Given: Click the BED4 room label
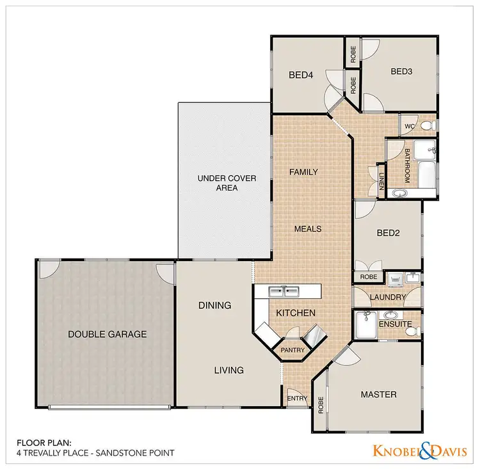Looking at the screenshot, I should pyautogui.click(x=301, y=75).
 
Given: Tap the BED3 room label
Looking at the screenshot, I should pyautogui.click(x=403, y=72).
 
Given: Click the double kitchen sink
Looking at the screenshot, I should pyautogui.click(x=284, y=292).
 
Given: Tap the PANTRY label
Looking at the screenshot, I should pyautogui.click(x=292, y=351).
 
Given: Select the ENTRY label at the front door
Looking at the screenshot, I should pyautogui.click(x=298, y=399).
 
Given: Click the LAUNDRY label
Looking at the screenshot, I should pyautogui.click(x=388, y=298).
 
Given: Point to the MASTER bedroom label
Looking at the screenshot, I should pyautogui.click(x=378, y=394).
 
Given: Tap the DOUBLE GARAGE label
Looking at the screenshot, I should pyautogui.click(x=108, y=334).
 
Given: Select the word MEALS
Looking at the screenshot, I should pyautogui.click(x=307, y=228).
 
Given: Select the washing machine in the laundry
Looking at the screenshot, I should pyautogui.click(x=395, y=279).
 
